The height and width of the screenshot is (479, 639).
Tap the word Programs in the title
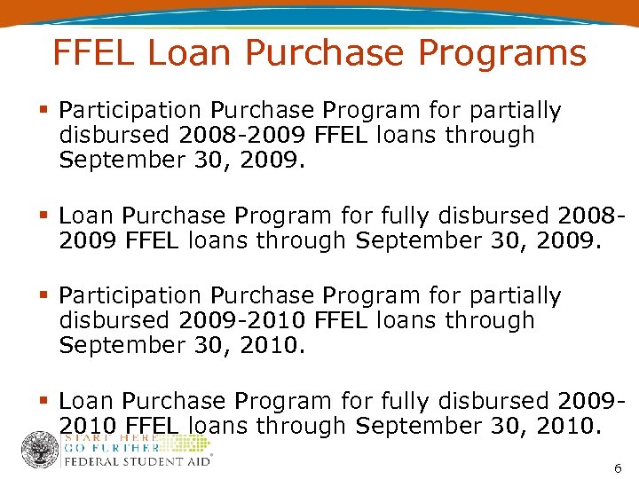pyautogui.click(x=514, y=54)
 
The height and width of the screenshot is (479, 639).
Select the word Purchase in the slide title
pyautogui.click(x=337, y=53)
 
